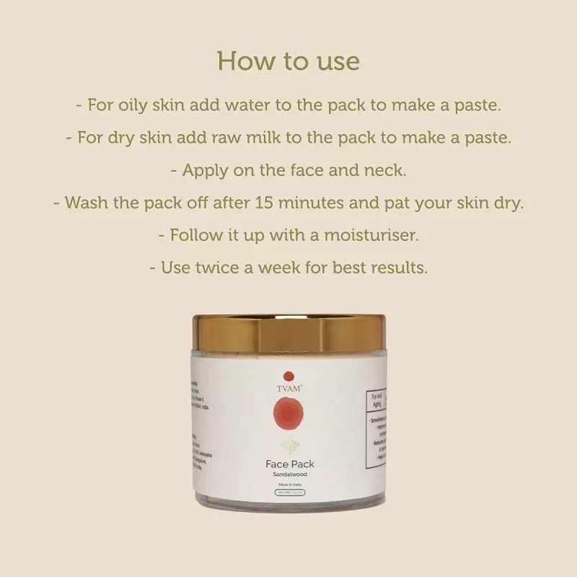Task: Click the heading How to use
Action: pyautogui.click(x=288, y=61)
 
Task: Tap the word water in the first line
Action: pyautogui.click(x=243, y=105)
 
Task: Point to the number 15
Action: pyautogui.click(x=264, y=203)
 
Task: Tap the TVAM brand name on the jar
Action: pyautogui.click(x=288, y=388)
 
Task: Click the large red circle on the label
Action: pyautogui.click(x=288, y=418)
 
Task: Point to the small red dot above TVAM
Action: pyautogui.click(x=288, y=376)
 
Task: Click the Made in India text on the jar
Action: pyautogui.click(x=288, y=488)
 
